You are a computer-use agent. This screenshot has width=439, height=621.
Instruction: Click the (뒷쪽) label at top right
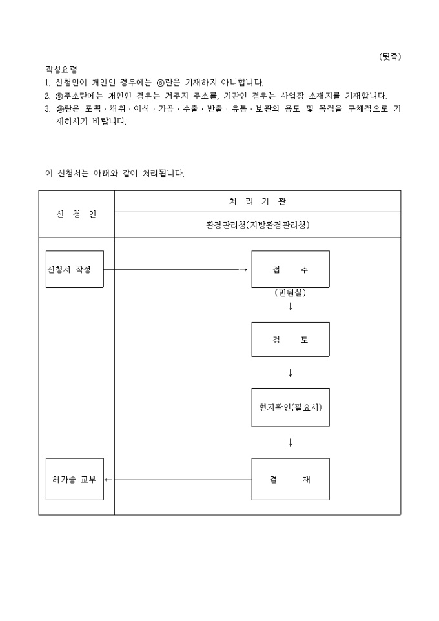click(389, 56)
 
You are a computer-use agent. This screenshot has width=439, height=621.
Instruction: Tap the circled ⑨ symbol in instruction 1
click(161, 83)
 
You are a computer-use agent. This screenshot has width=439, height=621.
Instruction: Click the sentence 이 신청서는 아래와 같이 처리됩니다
click(115, 173)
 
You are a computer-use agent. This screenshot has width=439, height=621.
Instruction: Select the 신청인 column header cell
click(77, 214)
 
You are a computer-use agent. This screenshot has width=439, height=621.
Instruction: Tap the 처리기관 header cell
click(258, 201)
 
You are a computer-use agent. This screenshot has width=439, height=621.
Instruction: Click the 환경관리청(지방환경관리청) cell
click(258, 225)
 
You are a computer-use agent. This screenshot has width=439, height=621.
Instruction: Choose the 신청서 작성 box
click(75, 269)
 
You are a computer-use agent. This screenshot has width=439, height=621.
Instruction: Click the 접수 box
click(290, 269)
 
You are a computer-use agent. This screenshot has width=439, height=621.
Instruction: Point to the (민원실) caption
click(290, 292)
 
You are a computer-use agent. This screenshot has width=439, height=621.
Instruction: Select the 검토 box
click(290, 340)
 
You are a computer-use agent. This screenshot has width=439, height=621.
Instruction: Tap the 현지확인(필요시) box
click(290, 407)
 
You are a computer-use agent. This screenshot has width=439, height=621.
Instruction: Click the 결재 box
click(290, 479)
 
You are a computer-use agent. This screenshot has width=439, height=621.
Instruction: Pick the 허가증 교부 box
click(75, 479)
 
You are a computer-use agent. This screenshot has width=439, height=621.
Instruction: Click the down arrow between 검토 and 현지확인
click(290, 372)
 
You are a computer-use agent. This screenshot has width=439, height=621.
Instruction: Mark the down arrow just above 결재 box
click(290, 442)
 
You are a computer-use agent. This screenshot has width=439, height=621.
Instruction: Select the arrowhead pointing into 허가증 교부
click(108, 480)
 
